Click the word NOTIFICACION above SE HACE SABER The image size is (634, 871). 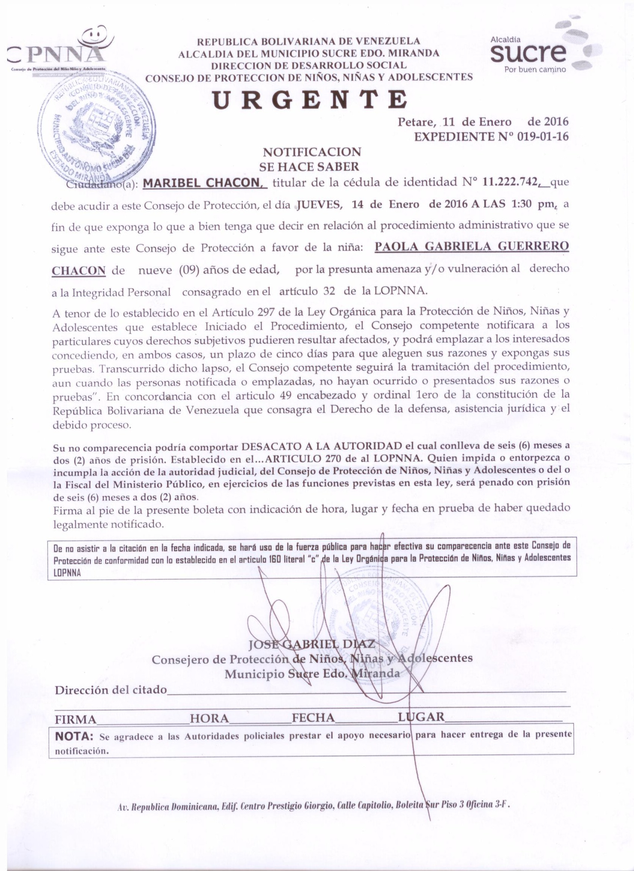[x=311, y=152]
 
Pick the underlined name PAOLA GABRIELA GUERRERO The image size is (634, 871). [x=471, y=247]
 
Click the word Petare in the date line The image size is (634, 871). [x=416, y=122]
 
